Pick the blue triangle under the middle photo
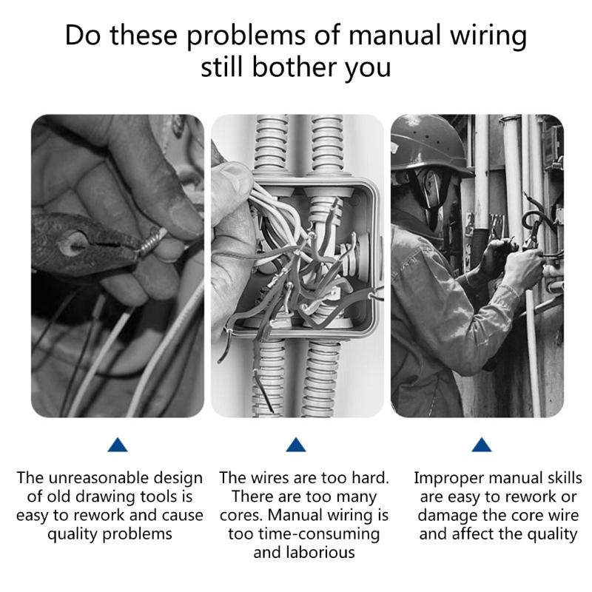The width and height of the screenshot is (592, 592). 296,444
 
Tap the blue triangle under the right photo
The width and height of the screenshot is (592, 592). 482,444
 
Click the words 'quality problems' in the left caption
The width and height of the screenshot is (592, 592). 110,534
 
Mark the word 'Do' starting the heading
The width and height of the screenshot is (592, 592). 83,36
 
